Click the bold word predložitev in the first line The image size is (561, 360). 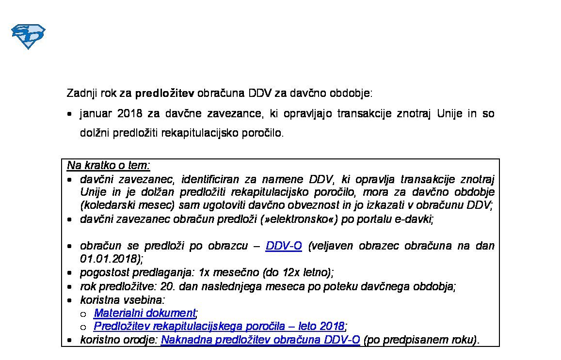click(x=164, y=93)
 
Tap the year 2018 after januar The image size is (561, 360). click(x=129, y=114)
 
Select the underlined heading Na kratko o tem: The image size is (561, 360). click(x=109, y=166)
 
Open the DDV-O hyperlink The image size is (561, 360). click(x=284, y=246)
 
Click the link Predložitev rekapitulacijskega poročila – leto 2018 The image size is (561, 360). click(x=219, y=326)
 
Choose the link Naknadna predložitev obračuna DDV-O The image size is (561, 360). click(x=260, y=340)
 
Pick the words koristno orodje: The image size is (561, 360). click(x=119, y=340)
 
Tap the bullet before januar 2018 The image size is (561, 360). click(x=70, y=115)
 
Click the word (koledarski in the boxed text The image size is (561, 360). click(x=105, y=205)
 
